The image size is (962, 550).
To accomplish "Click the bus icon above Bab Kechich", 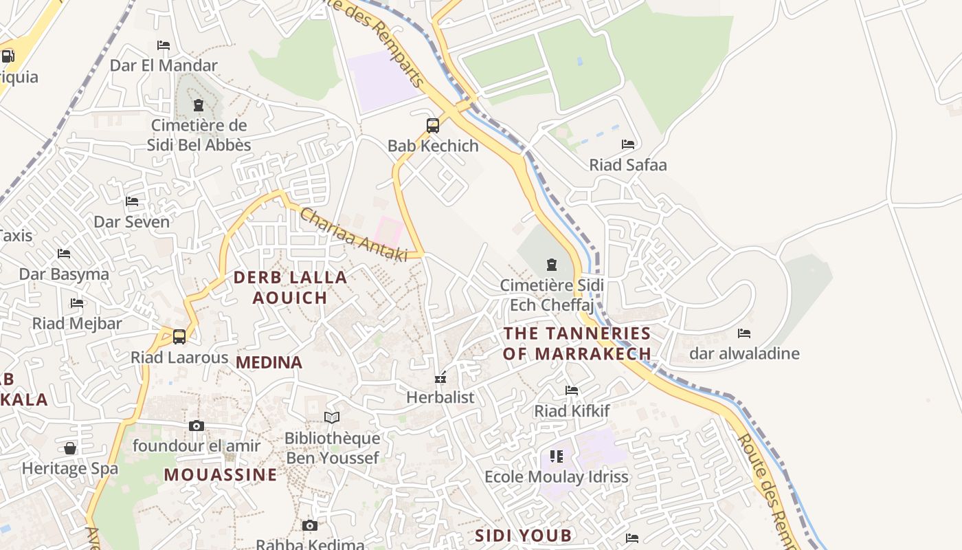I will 433,125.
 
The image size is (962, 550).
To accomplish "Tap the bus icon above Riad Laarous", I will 179,337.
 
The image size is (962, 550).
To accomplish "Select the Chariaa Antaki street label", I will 353,234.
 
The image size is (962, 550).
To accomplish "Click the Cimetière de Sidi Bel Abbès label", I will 199,135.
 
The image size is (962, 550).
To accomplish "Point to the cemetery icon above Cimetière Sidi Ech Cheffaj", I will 551,265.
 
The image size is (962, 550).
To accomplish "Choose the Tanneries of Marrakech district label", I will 577,344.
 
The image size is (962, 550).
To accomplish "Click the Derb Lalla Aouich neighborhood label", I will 290,287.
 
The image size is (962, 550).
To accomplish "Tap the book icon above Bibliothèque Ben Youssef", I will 332,418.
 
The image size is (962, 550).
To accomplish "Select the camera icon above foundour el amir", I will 197,426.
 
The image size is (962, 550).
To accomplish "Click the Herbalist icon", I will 440,377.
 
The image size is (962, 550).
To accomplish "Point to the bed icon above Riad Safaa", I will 628,144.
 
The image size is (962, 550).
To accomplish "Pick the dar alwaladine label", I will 744,354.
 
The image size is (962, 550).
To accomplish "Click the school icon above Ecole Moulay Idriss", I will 557,456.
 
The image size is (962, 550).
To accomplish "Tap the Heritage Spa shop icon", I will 70,449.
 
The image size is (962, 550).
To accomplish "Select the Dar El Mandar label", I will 164,65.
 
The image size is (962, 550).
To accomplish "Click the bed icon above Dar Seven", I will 132,201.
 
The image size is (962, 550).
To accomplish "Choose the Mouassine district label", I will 221,474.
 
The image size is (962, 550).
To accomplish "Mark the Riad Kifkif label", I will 572,411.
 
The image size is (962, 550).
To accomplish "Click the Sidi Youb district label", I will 524,535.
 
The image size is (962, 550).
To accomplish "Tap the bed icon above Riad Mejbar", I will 77,303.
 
